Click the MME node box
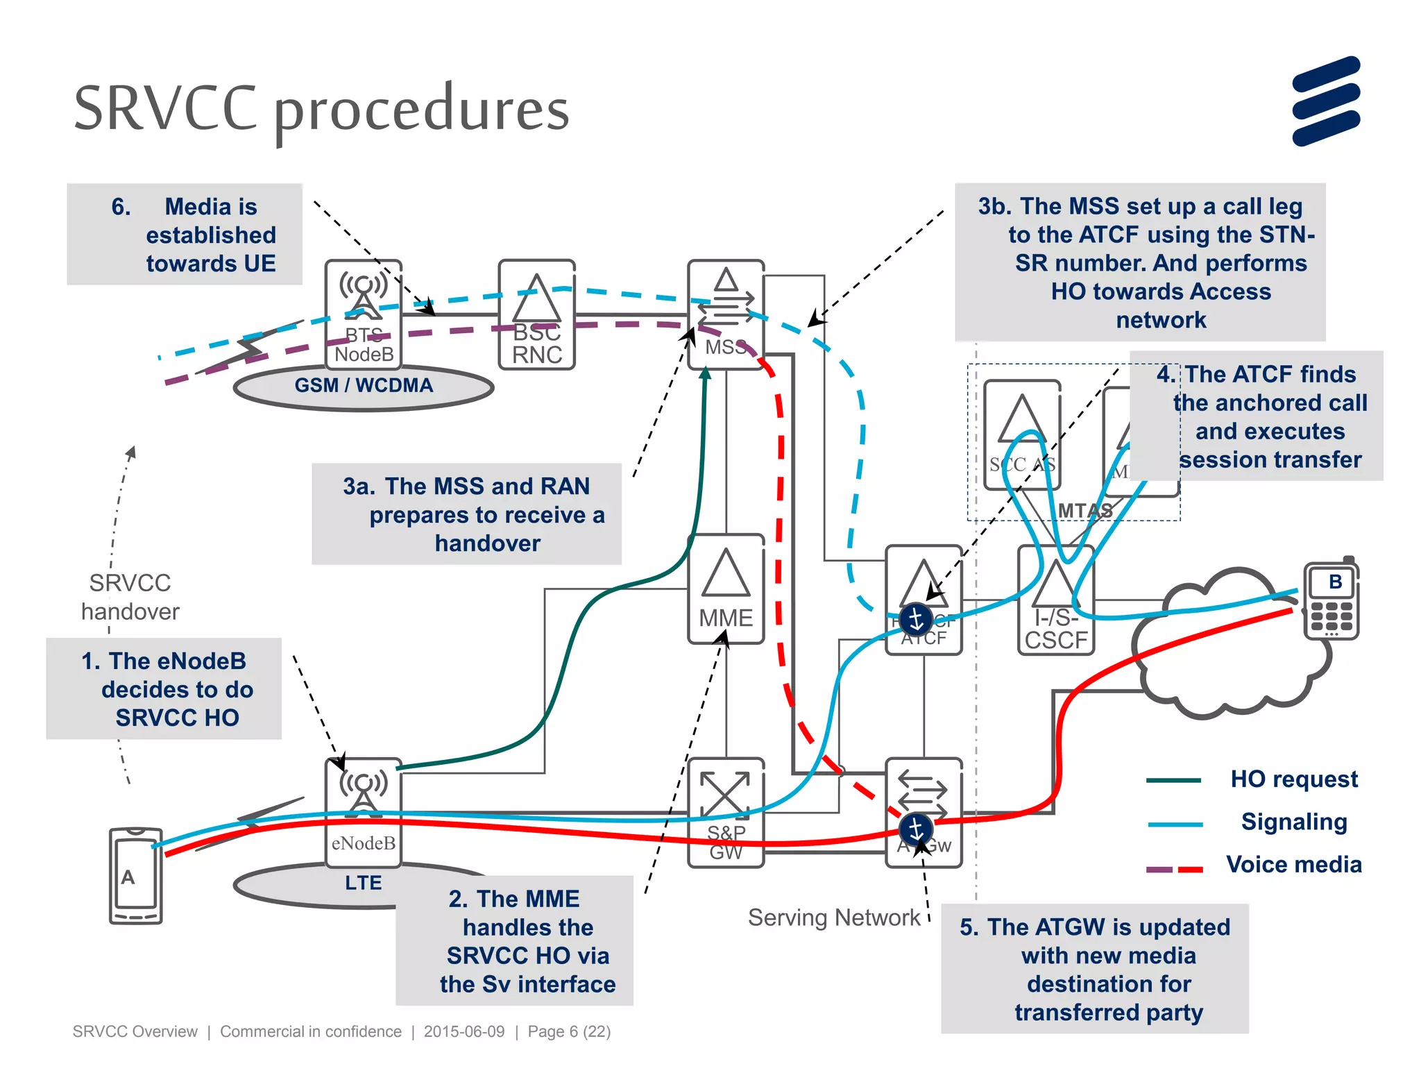[x=726, y=589]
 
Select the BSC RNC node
[x=536, y=315]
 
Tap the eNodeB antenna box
[x=363, y=812]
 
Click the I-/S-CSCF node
[x=1055, y=601]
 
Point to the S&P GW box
[x=726, y=812]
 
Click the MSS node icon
[x=726, y=314]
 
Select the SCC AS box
[x=1021, y=434]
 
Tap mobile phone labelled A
[x=135, y=876]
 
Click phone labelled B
[x=1331, y=601]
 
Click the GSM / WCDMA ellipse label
[x=364, y=386]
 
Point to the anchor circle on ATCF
[x=916, y=619]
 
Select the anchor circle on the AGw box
[x=916, y=829]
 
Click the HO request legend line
[x=1173, y=780]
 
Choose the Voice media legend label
[x=1293, y=865]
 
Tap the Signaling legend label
[x=1293, y=822]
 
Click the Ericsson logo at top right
[x=1326, y=101]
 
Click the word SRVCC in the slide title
[x=165, y=108]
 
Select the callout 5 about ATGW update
[x=1094, y=969]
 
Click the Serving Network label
[x=833, y=917]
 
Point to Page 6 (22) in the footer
[x=569, y=1031]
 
